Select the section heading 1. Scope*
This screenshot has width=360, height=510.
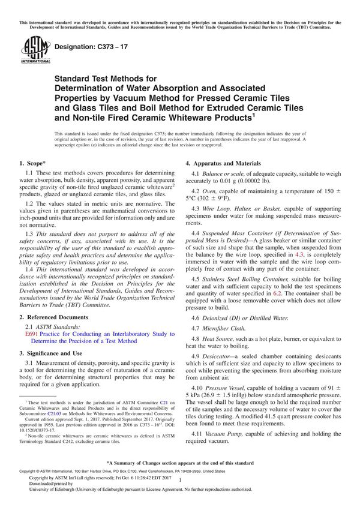point(35,163)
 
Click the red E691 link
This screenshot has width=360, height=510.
point(32,333)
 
